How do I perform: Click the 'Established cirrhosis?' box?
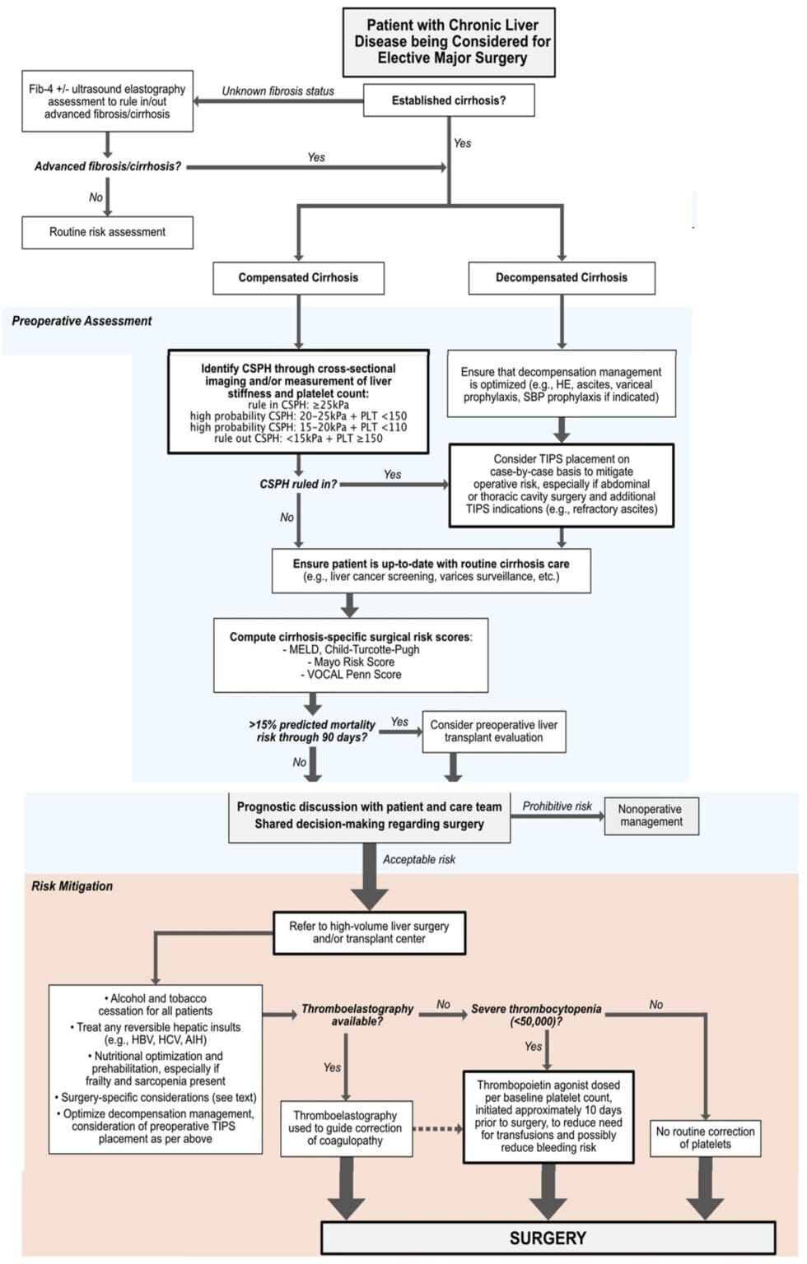pos(449,100)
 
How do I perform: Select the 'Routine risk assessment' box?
pos(107,232)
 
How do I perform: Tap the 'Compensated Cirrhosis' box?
pos(298,277)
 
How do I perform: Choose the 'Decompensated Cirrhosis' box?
pos(561,277)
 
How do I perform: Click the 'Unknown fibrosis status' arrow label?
pos(278,91)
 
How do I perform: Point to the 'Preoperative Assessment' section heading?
pos(82,321)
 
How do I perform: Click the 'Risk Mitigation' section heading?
pos(72,886)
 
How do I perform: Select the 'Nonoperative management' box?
pos(651,816)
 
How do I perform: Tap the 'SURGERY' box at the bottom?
pos(548,1238)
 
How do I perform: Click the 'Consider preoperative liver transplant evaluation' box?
pos(493,731)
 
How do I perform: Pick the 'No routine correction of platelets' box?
pos(705,1137)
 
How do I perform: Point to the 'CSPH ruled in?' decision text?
pos(298,484)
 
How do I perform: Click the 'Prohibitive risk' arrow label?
pos(557,806)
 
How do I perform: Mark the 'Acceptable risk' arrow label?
pos(418,859)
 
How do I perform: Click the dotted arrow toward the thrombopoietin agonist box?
pos(437,1128)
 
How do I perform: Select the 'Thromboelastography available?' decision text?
pos(357,1015)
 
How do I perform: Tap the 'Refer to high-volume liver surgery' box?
pos(369,932)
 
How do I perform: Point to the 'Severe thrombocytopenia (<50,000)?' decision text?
pos(536,1015)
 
